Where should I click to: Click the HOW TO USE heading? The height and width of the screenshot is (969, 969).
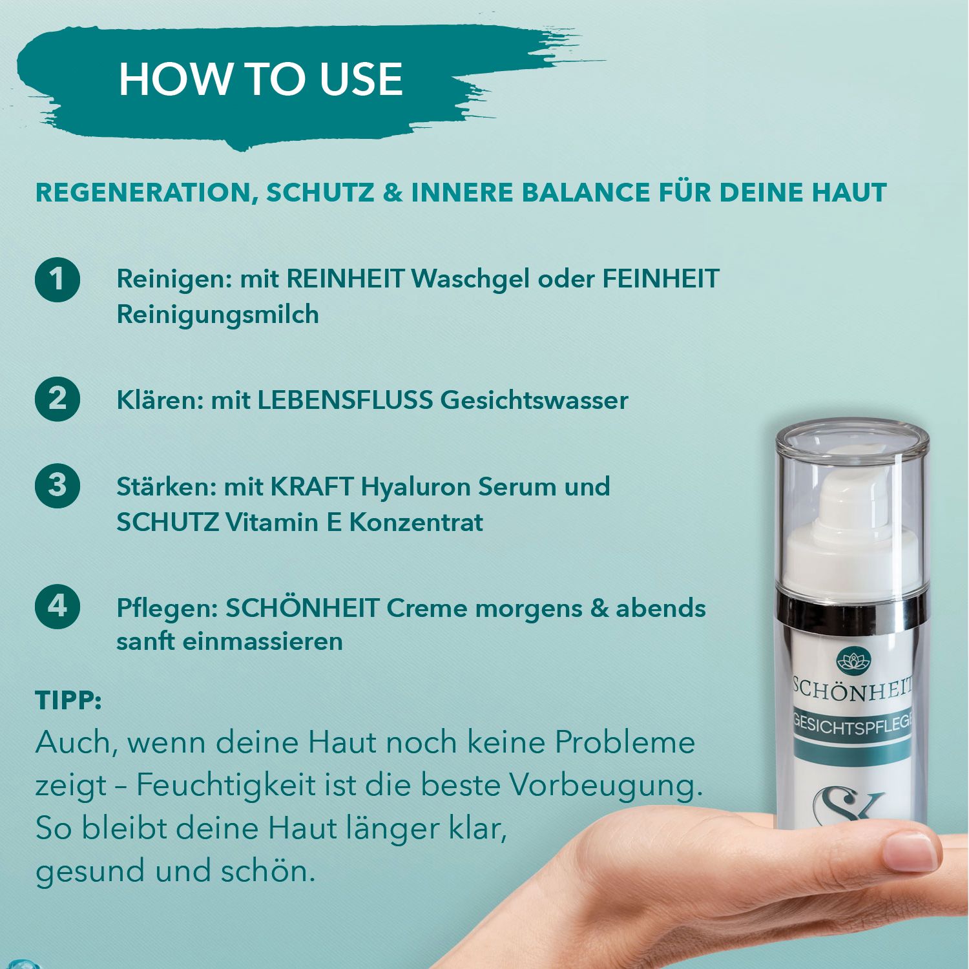pyautogui.click(x=260, y=79)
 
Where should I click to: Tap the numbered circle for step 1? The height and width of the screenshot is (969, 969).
pyautogui.click(x=57, y=280)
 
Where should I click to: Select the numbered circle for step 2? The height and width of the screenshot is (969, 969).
pyautogui.click(x=57, y=399)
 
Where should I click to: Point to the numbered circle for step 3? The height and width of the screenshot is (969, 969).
pyautogui.click(x=57, y=485)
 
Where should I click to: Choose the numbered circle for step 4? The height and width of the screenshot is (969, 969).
pyautogui.click(x=57, y=606)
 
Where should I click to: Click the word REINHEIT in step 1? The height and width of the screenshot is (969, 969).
pyautogui.click(x=346, y=279)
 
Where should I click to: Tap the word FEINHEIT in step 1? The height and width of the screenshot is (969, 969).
pyautogui.click(x=661, y=279)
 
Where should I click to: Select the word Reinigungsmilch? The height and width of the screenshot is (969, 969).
pyautogui.click(x=218, y=315)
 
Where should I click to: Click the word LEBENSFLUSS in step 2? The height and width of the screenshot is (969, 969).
pyautogui.click(x=345, y=400)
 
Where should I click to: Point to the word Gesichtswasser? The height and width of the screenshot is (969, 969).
pyautogui.click(x=534, y=400)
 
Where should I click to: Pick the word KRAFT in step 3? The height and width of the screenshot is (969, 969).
pyautogui.click(x=311, y=486)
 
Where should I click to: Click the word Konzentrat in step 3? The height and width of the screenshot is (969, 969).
pyautogui.click(x=416, y=522)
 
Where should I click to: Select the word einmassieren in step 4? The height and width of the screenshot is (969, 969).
pyautogui.click(x=262, y=641)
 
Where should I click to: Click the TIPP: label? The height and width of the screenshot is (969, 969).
pyautogui.click(x=68, y=700)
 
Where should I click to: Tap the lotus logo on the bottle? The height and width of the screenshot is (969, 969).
pyautogui.click(x=854, y=662)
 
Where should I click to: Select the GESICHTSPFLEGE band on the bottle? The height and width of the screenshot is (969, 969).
pyautogui.click(x=853, y=725)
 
